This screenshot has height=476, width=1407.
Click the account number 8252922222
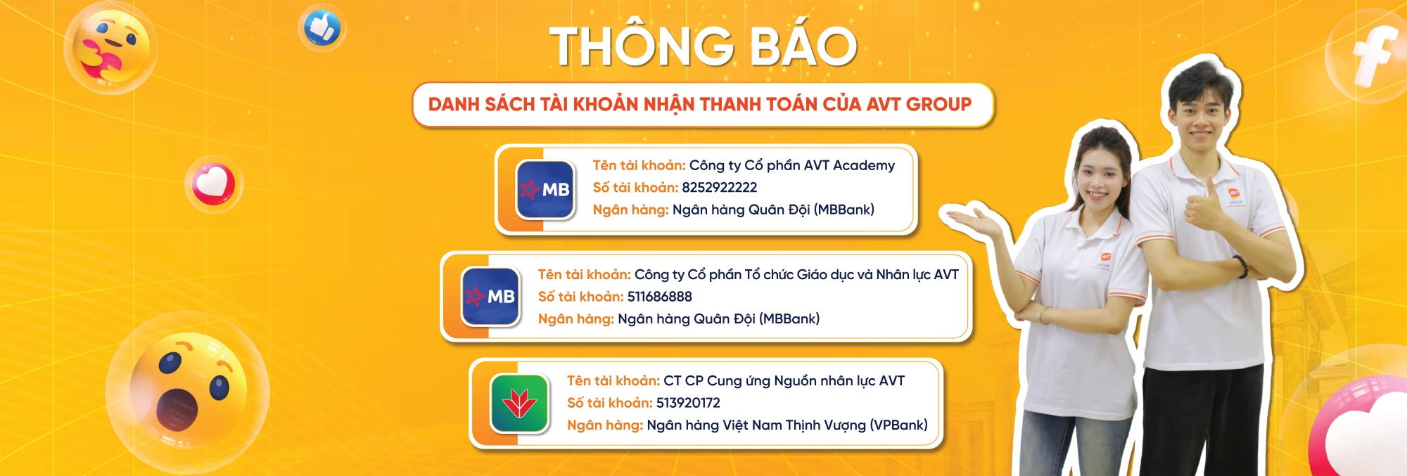click(719, 188)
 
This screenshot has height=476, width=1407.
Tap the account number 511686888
click(659, 297)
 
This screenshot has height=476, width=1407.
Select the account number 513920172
click(688, 403)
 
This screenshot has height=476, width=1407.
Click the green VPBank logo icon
click(520, 404)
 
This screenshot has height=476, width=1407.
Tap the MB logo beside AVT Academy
click(545, 189)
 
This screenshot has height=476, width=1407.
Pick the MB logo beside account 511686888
click(491, 297)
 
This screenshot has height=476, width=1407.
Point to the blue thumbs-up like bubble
click(322, 29)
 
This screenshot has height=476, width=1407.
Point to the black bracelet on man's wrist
click(1240, 266)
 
